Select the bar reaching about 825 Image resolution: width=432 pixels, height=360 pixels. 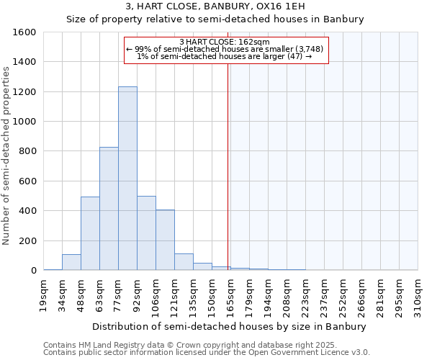click(109, 209)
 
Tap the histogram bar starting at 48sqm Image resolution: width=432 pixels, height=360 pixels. click(90, 233)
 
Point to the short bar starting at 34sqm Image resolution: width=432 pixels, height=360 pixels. click(71, 263)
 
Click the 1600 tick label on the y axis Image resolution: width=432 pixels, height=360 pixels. click(24, 32)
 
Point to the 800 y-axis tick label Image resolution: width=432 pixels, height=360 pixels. click(27, 151)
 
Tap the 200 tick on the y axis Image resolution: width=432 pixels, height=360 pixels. click(27, 240)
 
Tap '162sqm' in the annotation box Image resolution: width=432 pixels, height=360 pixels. click(255, 42)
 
